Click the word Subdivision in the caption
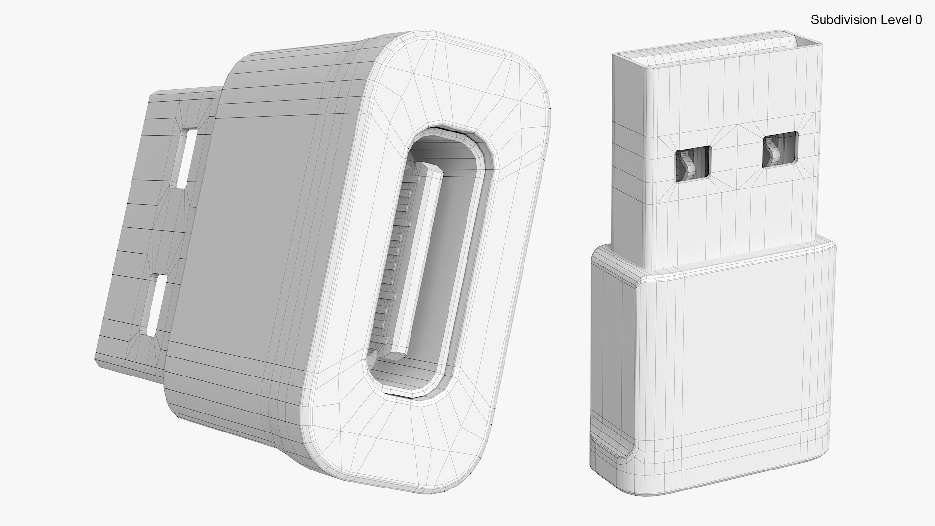(836, 20)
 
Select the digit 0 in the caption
(918, 20)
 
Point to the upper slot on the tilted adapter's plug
(187, 158)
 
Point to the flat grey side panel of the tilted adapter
(253, 219)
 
